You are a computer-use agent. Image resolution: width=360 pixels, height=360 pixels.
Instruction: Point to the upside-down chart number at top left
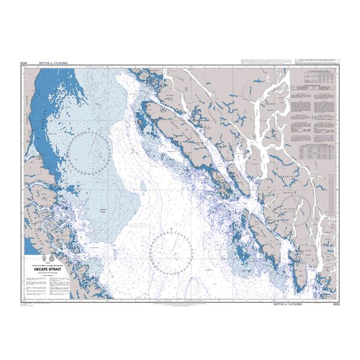coord(25,62)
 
